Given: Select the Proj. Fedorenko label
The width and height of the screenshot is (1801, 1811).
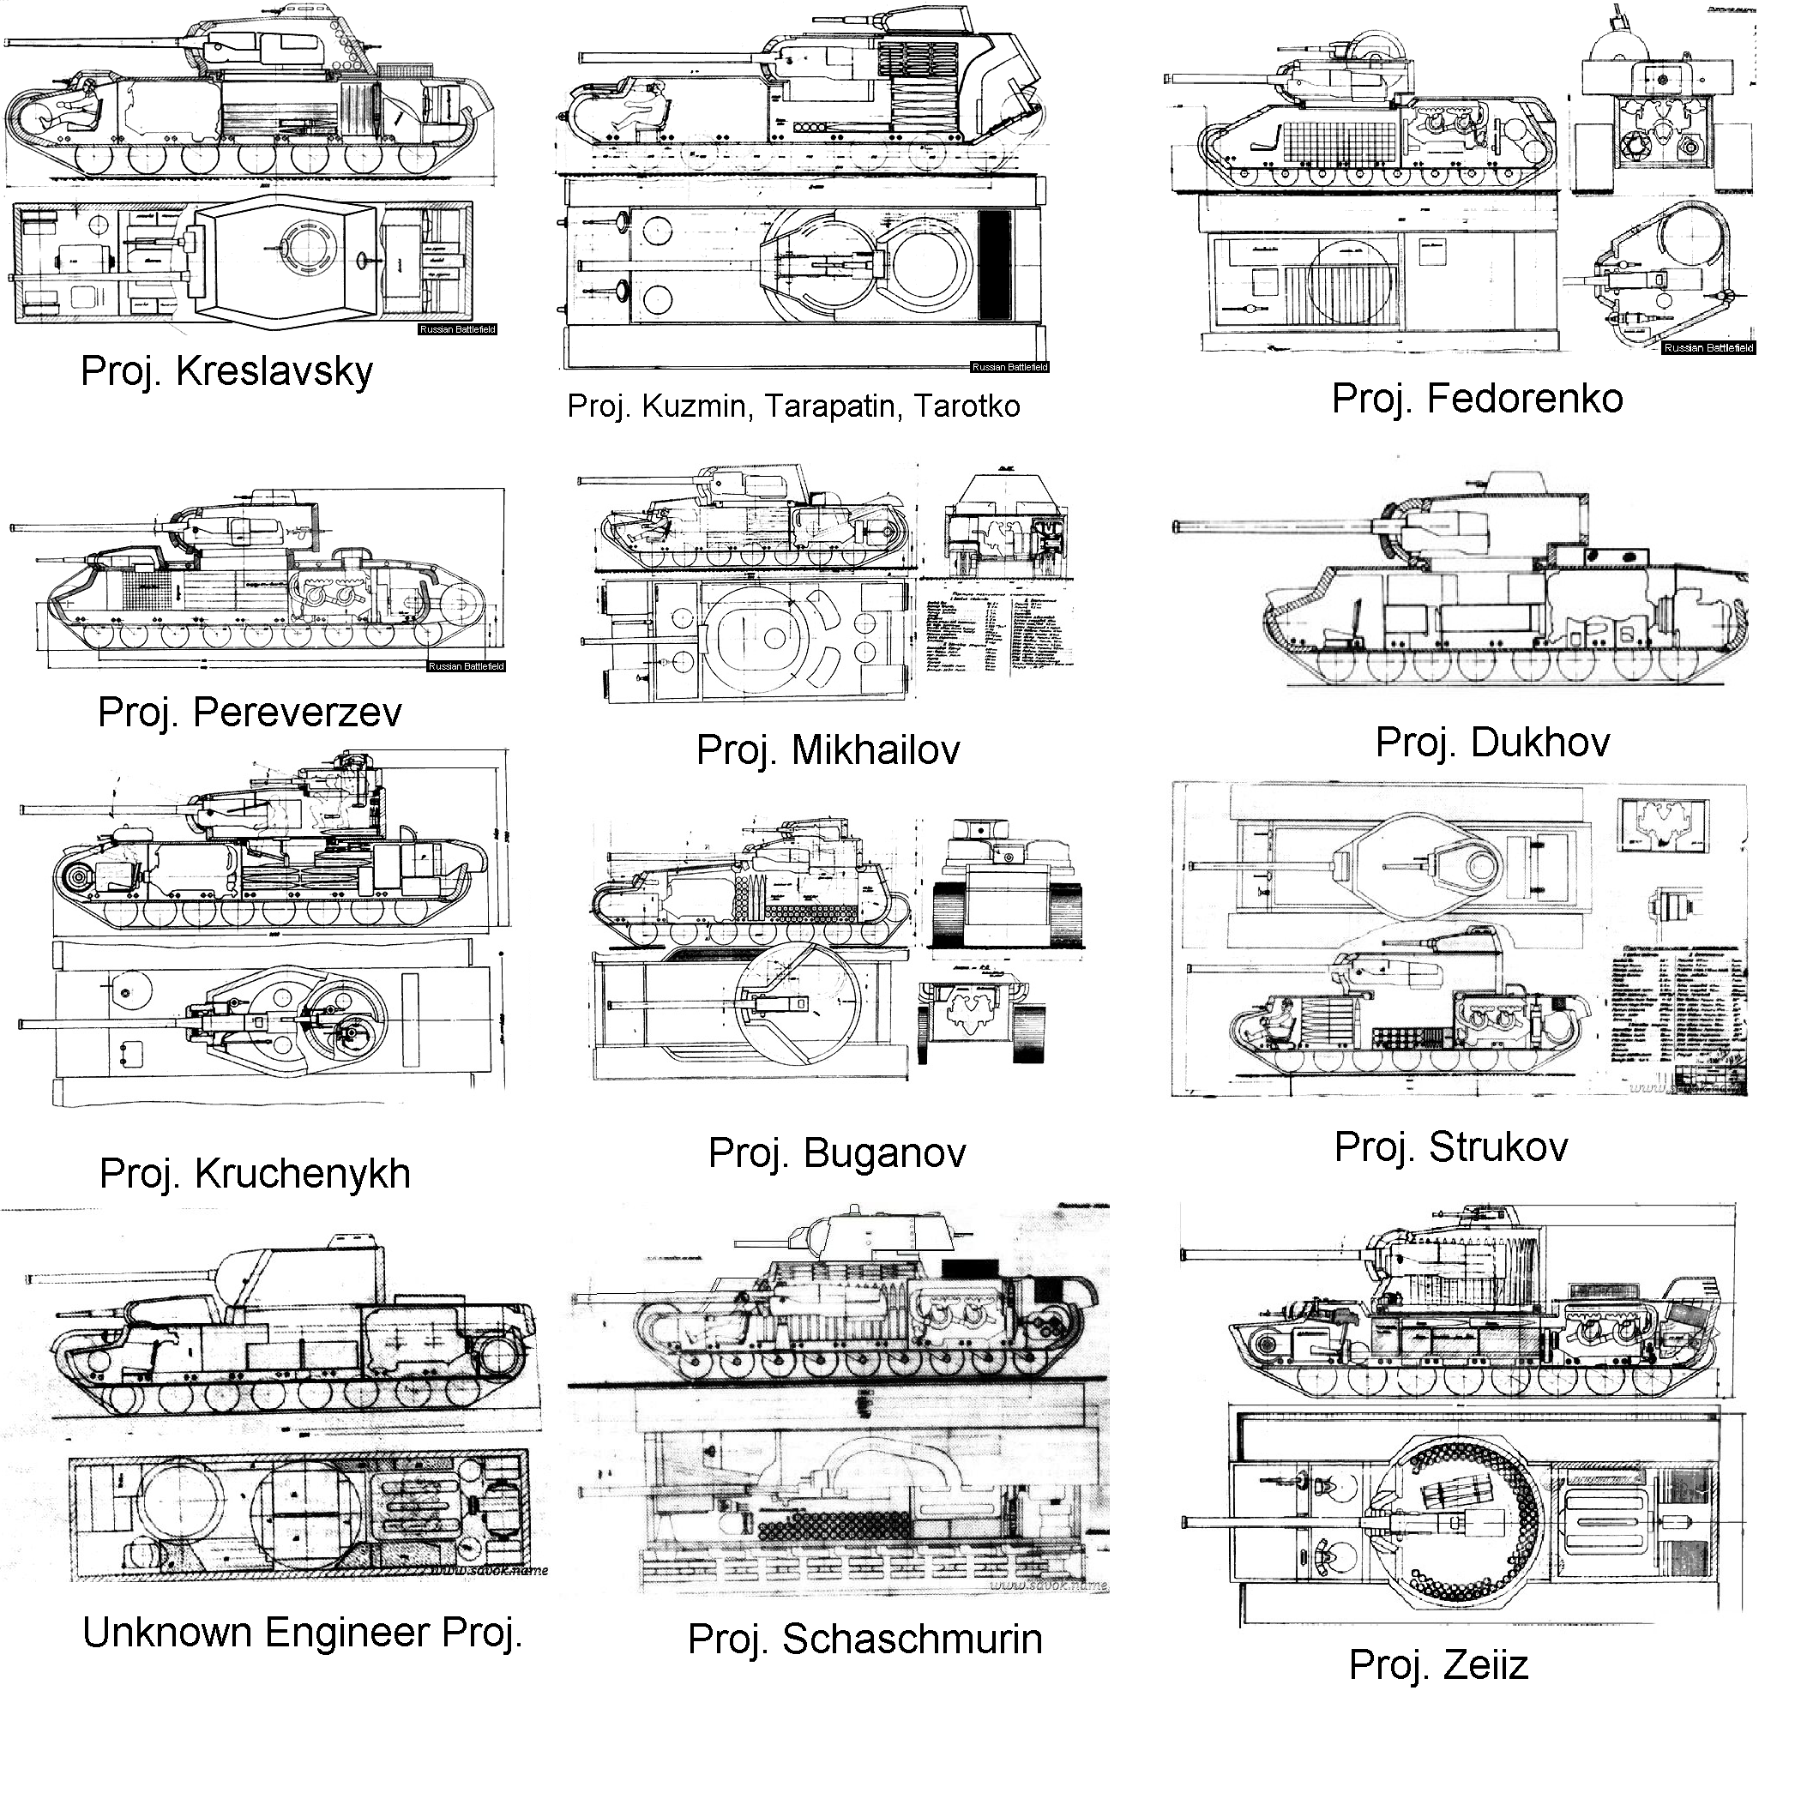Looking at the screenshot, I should tap(1477, 399).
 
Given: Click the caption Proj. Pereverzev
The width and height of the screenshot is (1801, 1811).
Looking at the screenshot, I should tap(250, 713).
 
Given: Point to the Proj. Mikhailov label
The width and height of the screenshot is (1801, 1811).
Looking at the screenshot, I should tap(828, 750).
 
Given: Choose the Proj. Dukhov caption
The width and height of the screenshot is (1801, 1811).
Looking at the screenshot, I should tap(1491, 743).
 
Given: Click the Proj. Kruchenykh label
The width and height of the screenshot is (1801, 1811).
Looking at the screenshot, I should tap(255, 1174).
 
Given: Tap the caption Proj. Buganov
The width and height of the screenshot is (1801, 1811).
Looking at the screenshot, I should tap(836, 1153).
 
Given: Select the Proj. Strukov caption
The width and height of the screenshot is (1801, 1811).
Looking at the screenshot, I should tap(1450, 1147).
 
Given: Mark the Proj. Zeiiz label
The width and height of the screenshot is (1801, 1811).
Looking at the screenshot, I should tap(1438, 1664).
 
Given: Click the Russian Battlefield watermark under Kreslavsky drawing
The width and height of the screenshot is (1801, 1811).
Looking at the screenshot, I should tap(457, 330).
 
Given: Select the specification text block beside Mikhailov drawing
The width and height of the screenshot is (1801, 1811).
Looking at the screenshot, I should tap(998, 636).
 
